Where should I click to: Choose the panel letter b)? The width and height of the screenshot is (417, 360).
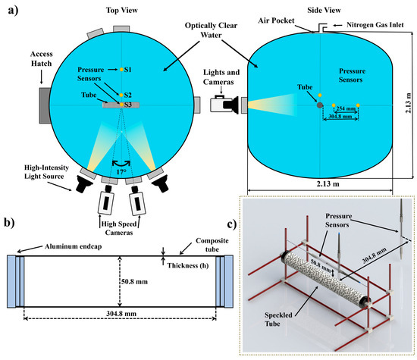click(10, 223)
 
